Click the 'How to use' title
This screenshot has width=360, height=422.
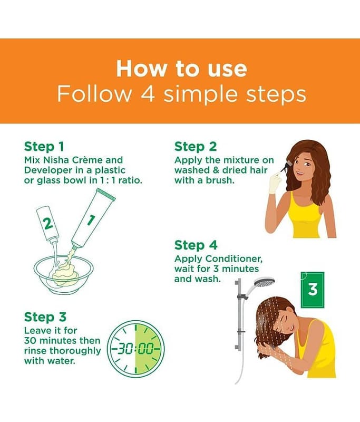pos(181,69)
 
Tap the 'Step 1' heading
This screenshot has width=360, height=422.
pos(44,147)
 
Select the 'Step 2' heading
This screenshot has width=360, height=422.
pos(196,147)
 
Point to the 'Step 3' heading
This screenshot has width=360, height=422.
pos(45,317)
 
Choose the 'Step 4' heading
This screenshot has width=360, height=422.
pos(196,245)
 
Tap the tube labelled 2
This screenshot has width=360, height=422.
pos(48,223)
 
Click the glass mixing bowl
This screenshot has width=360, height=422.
pos(63,274)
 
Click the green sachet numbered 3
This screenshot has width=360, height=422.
pos(313,290)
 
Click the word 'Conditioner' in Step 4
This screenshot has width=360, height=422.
pos(233,258)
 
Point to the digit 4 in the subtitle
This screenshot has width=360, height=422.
pos(148,94)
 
